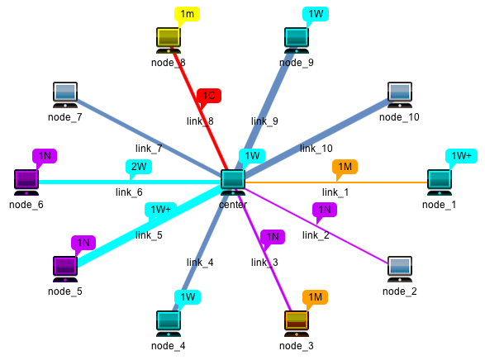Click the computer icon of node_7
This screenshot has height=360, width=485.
pos(65,94)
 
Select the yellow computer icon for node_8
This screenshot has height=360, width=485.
pos(169,40)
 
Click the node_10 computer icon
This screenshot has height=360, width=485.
pos(400,94)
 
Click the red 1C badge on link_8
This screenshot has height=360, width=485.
pos(209,96)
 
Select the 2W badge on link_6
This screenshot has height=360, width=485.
pos(140,166)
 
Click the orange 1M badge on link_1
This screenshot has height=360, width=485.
pos(345,167)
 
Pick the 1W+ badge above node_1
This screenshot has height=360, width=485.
pos(459,155)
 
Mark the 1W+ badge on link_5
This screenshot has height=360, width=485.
pos(159,210)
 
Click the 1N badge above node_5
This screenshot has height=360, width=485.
pos(83,243)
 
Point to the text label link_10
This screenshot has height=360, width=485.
pos(316,149)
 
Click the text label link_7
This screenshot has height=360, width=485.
pos(149,149)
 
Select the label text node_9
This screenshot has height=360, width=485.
pos(297,63)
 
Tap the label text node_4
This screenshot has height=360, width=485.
pos(169,345)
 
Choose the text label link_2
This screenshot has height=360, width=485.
pos(316,235)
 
